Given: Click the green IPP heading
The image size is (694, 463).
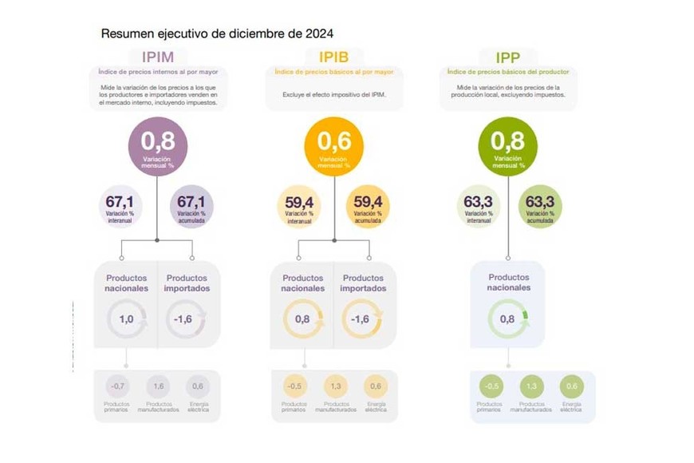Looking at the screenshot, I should coord(507,57).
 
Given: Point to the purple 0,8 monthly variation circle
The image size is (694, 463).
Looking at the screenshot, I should coord(158,145).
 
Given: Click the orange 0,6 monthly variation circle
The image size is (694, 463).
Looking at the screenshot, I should coord(333,145).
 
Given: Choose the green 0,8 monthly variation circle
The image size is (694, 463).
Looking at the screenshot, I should coord(507,145).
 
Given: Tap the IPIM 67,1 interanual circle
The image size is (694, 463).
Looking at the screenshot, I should coord(120,206).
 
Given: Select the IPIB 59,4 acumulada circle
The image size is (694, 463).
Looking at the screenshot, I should coord(368,206).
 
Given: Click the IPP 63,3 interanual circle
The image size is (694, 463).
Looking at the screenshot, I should coord(478,206).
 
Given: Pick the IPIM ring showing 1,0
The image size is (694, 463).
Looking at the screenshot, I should coord(126,319).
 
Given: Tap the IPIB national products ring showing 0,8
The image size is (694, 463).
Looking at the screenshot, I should coord(302,319).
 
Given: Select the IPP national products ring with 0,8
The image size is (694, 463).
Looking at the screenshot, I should coord(507,319).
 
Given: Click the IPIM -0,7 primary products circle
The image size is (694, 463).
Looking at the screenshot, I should coord(117,386).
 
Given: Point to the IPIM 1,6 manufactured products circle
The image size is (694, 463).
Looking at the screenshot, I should coord(158,386).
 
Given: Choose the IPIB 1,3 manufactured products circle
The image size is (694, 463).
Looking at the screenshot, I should coord(335,386).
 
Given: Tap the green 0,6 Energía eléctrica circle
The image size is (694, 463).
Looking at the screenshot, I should coord(571,386).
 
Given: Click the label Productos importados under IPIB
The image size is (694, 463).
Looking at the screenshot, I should coord(363,283).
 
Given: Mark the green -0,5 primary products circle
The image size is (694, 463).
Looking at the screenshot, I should coord(490,386).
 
